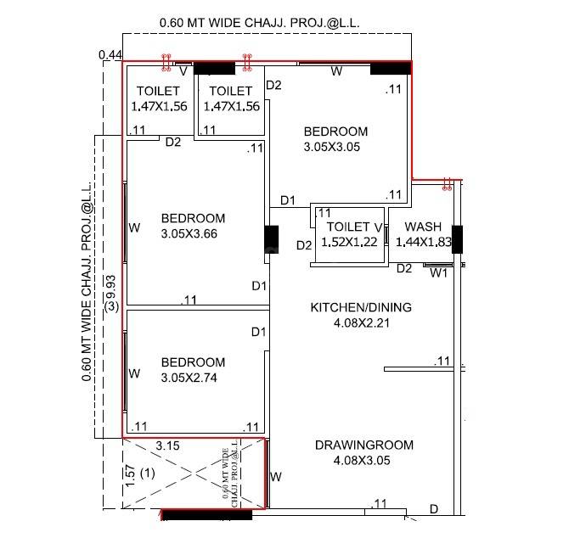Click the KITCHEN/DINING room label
[x=361, y=307]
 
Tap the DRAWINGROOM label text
[x=363, y=445]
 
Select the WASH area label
[x=422, y=227]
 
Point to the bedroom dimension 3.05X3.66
[x=193, y=233]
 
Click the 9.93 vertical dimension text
[x=110, y=285]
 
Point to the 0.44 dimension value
[x=110, y=55]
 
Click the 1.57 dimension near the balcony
[x=129, y=475]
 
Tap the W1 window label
[x=437, y=273]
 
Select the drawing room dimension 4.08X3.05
[x=363, y=461]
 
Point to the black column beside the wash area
[x=457, y=239]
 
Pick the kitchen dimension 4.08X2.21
[x=361, y=322]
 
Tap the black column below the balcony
[x=206, y=515]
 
